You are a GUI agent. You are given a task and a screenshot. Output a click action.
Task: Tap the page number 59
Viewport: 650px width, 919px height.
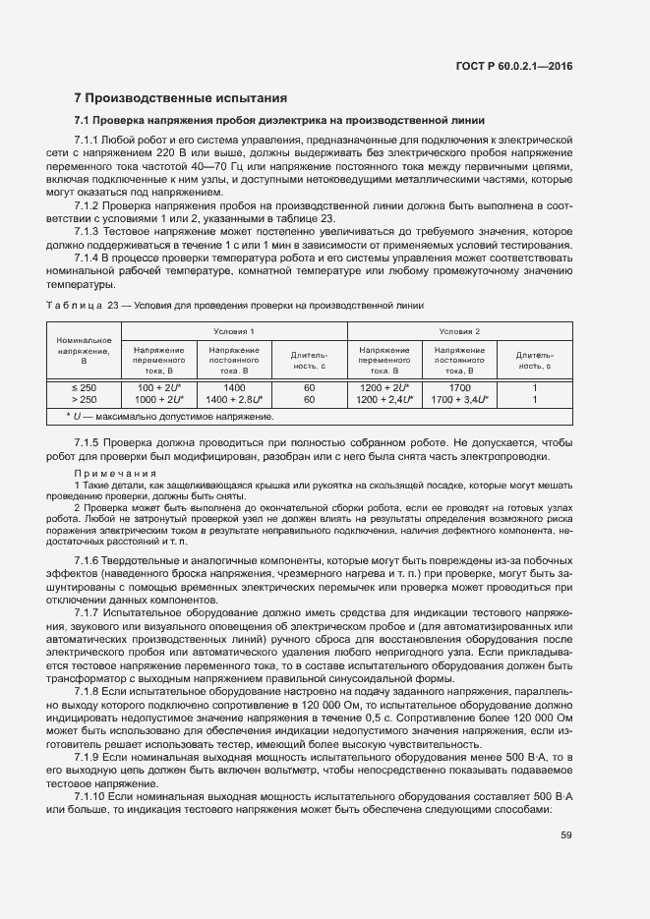565,835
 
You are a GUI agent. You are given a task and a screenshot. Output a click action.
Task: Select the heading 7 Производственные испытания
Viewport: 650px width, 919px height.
181,98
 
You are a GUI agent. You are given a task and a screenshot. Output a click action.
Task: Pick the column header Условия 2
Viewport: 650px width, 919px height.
459,331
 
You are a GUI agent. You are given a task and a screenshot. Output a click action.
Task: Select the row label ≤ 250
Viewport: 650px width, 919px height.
85,387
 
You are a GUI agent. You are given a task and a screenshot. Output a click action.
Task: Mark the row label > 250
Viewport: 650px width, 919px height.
85,400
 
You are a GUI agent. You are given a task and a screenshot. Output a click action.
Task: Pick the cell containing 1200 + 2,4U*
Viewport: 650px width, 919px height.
384,400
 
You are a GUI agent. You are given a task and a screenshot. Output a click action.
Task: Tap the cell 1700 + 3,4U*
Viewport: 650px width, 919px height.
459,400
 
